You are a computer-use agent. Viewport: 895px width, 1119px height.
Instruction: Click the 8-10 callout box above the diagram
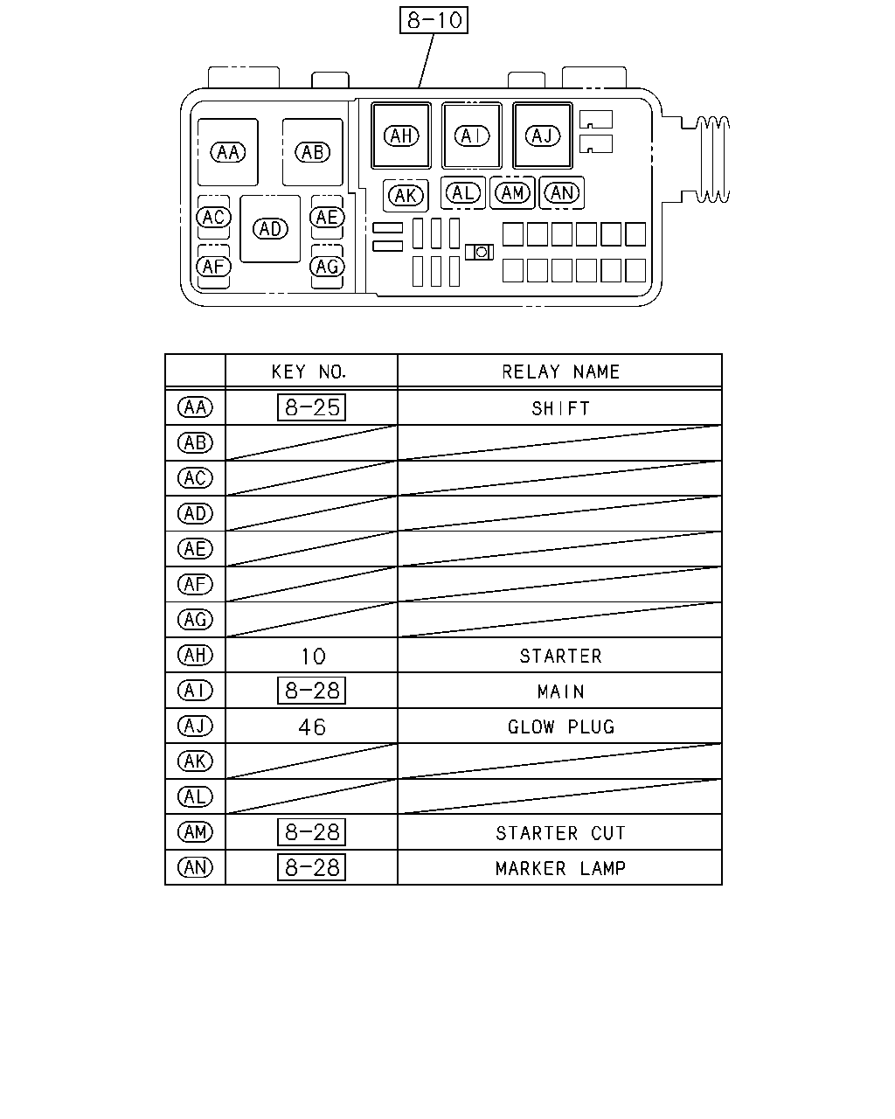pos(434,20)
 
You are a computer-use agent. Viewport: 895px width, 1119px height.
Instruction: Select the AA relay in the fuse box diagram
pos(228,152)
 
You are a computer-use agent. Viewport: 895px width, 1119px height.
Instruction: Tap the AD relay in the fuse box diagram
pos(270,229)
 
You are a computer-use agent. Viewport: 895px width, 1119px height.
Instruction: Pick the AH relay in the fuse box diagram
pos(401,136)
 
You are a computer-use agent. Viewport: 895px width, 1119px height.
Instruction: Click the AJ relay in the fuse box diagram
pos(543,136)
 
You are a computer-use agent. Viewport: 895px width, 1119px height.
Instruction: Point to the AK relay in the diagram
pos(406,196)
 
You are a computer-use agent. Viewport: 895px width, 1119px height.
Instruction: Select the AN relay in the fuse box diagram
pos(562,193)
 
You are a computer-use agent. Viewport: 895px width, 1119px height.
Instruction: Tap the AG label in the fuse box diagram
pos(327,267)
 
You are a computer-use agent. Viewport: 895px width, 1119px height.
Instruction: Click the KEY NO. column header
pos(309,372)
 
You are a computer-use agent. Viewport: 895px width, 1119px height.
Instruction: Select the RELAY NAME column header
pos(560,372)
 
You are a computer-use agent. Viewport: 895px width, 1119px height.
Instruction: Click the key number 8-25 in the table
pos(311,407)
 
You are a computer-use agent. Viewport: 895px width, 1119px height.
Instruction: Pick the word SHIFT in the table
pos(560,409)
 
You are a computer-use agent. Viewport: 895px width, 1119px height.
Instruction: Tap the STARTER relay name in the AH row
pos(560,657)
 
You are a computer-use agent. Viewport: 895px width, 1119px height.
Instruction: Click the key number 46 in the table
pos(312,727)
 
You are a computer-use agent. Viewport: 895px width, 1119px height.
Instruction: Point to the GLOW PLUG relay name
pos(561,727)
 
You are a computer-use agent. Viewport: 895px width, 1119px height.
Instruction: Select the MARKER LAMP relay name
pos(560,868)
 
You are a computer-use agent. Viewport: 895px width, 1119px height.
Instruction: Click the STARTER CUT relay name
pos(560,833)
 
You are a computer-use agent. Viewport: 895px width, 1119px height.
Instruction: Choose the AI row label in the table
pos(195,691)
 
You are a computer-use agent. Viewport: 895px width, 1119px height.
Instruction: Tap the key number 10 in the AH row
pos(314,657)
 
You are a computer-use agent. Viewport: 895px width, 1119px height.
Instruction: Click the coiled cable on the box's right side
pos(712,160)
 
